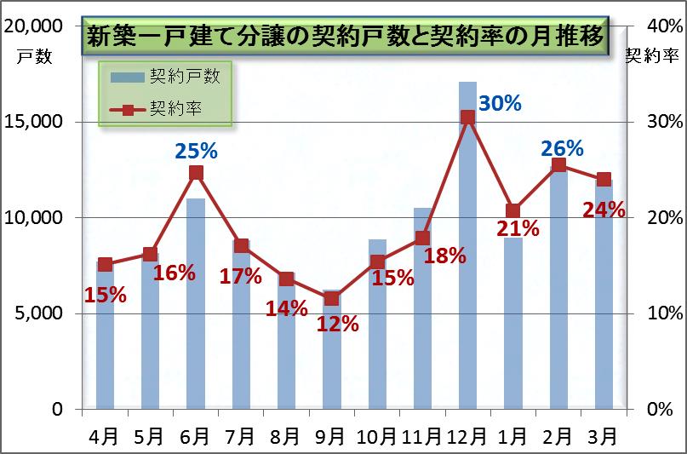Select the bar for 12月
point(467,256)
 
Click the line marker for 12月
point(467,117)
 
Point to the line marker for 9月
point(331,298)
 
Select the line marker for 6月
point(196,173)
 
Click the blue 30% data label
point(500,103)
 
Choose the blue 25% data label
point(196,152)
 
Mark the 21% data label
point(518,228)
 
